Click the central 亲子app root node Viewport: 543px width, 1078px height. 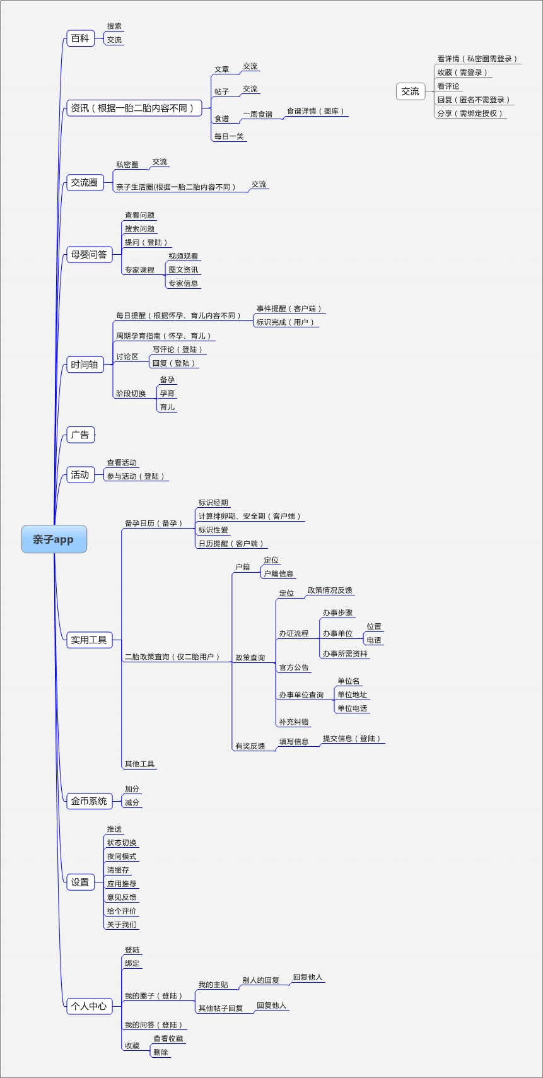[54, 539]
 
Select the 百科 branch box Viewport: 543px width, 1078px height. [80, 38]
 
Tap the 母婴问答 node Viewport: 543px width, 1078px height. [89, 255]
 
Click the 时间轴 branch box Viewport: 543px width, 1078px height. [85, 365]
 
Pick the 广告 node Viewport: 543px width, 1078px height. [80, 435]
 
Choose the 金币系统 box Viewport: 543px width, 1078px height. [89, 801]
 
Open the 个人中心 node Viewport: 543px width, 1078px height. [89, 1006]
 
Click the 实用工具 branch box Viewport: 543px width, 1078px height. [89, 640]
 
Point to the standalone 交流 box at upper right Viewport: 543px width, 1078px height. [410, 91]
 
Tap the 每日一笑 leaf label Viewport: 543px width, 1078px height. [229, 136]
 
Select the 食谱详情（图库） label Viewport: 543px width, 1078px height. [315, 111]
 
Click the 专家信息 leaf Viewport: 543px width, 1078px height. [183, 283]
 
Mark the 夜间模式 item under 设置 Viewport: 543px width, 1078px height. [122, 857]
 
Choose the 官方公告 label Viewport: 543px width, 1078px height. [294, 667]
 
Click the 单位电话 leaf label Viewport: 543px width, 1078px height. [352, 708]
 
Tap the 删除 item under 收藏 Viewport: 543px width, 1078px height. [161, 1052]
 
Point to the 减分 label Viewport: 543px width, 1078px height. [132, 803]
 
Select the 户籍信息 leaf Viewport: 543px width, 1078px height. [278, 574]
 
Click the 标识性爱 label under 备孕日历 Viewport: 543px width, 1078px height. [213, 530]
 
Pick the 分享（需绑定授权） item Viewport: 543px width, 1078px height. [470, 114]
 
